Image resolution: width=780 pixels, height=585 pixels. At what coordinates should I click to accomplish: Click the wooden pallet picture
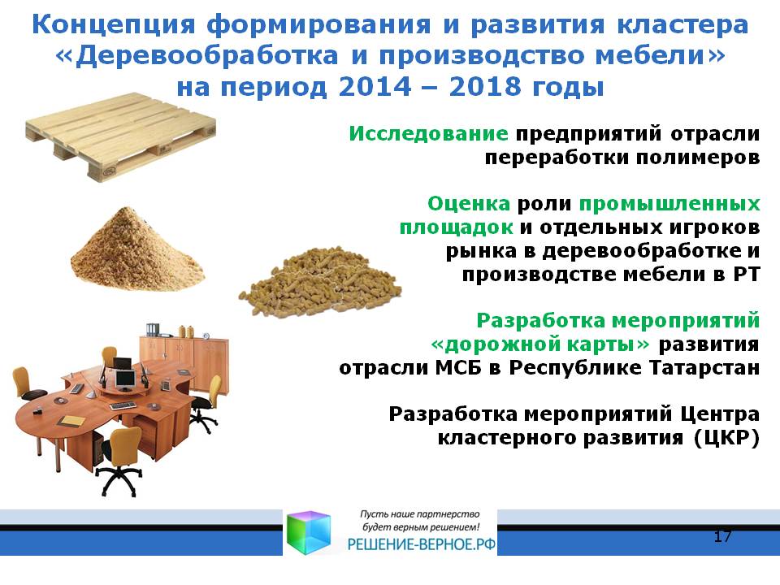pyautogui.click(x=121, y=136)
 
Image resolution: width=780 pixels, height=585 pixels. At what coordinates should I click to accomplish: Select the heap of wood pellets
pyautogui.click(x=320, y=280)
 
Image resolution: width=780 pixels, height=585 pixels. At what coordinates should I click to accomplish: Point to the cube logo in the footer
pyautogui.click(x=309, y=531)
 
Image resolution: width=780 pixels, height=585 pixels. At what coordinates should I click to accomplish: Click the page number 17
pyautogui.click(x=722, y=536)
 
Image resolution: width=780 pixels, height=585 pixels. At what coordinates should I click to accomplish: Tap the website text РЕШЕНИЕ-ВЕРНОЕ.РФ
pyautogui.click(x=421, y=544)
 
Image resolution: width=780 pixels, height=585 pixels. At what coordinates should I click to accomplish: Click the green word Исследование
pyautogui.click(x=428, y=134)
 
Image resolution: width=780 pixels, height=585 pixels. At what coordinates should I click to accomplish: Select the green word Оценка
pyautogui.click(x=469, y=203)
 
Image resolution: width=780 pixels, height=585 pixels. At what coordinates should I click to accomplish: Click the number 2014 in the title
pyautogui.click(x=375, y=87)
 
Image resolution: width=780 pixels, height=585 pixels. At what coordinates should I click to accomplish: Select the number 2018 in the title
pyautogui.click(x=485, y=87)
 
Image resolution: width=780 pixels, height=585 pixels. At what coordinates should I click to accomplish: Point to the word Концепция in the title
pyautogui.click(x=114, y=25)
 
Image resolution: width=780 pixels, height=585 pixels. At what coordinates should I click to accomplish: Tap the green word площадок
pyautogui.click(x=456, y=227)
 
